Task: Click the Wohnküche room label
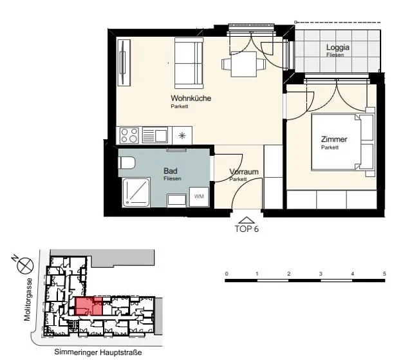[191, 99]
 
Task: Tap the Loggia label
[337, 47]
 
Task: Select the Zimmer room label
[334, 139]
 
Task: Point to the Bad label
[170, 171]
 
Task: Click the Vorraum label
[244, 172]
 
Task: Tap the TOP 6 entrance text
[247, 229]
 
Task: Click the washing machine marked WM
[199, 196]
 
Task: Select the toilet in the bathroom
[127, 163]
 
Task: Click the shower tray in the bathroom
[136, 193]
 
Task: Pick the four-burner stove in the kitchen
[129, 136]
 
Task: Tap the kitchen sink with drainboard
[154, 136]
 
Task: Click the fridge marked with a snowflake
[182, 136]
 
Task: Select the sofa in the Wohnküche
[189, 63]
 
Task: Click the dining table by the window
[243, 64]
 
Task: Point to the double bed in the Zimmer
[342, 142]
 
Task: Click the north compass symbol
[25, 265]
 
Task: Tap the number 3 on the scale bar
[321, 274]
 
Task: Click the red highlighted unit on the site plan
[89, 307]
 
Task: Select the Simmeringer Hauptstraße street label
[98, 352]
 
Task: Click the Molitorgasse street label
[28, 299]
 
